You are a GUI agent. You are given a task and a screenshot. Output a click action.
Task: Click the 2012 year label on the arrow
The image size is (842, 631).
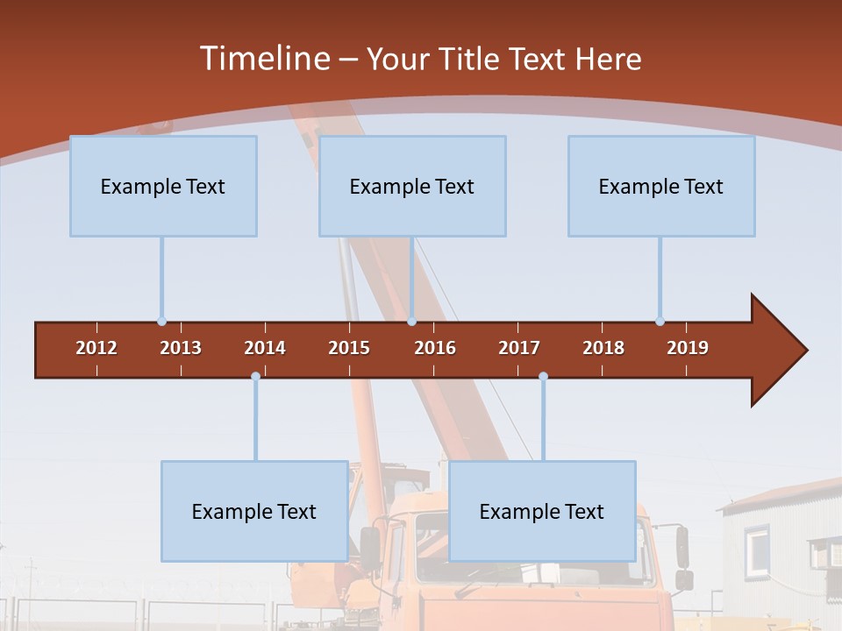click(96, 348)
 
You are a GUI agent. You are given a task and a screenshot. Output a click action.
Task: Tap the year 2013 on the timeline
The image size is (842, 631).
click(181, 348)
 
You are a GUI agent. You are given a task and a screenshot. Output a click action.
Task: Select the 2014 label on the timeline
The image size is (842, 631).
click(265, 348)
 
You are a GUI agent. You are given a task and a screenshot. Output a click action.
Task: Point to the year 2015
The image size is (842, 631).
click(349, 348)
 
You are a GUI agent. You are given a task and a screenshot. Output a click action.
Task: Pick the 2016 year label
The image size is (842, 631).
click(435, 348)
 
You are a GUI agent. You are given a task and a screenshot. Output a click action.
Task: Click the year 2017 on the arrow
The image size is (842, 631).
click(519, 348)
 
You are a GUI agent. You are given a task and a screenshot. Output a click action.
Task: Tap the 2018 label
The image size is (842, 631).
click(603, 348)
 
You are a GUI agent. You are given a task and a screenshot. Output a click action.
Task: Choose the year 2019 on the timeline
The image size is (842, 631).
click(688, 348)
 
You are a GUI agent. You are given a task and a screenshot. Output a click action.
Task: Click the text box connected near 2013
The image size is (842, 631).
click(163, 186)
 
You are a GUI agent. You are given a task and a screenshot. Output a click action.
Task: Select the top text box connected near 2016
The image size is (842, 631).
click(412, 186)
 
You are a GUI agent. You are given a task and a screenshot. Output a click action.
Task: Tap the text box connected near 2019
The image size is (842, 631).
click(661, 186)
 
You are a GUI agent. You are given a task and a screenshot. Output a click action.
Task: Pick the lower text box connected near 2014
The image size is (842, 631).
click(254, 511)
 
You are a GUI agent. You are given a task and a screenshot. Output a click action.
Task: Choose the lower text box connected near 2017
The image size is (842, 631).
click(542, 511)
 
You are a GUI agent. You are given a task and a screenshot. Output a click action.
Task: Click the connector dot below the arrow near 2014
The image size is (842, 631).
click(255, 376)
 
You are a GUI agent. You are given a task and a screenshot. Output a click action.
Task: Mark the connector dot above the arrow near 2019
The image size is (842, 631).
click(660, 321)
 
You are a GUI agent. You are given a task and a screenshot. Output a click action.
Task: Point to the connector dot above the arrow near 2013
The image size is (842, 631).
click(161, 321)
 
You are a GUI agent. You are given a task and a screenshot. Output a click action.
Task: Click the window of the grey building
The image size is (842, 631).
click(758, 549)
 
